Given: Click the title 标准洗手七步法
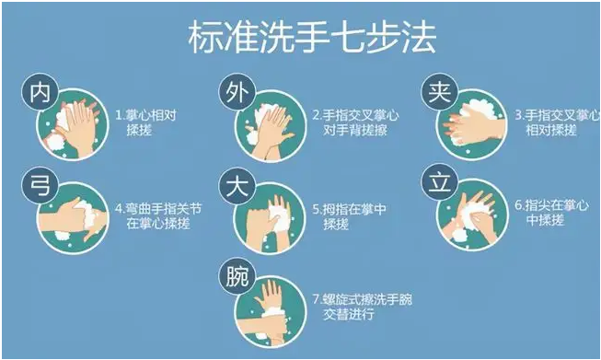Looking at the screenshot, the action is (x=312, y=37).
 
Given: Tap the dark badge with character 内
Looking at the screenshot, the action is (x=40, y=92).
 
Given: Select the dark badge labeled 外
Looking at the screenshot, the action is (x=237, y=92).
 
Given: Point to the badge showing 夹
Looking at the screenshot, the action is (x=440, y=92).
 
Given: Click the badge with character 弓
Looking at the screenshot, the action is (x=40, y=186).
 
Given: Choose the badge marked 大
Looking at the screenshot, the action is (x=237, y=186).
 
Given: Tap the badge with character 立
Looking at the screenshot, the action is (x=440, y=182).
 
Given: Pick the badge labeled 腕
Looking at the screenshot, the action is (x=237, y=276).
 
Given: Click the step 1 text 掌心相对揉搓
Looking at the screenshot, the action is (x=145, y=122).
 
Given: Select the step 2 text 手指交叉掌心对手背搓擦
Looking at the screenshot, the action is (x=355, y=122).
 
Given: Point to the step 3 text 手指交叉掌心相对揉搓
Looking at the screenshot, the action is (x=558, y=122).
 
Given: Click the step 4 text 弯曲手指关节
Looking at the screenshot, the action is (x=158, y=209).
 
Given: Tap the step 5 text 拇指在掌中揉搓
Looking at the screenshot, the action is (x=349, y=216).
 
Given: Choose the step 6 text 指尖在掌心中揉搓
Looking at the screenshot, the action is (x=551, y=213).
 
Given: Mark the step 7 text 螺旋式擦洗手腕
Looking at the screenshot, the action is (x=363, y=299).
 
